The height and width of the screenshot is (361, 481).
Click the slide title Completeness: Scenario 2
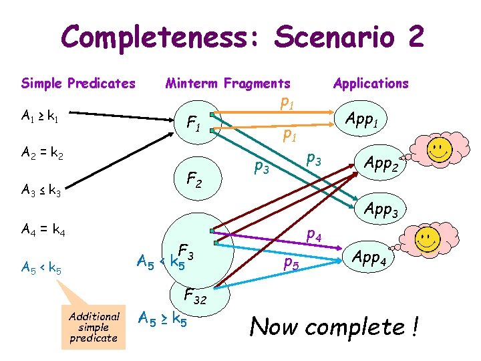243,37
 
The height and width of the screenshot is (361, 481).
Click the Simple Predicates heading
78,84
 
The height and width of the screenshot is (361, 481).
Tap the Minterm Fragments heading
228,84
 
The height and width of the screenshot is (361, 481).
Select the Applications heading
371,84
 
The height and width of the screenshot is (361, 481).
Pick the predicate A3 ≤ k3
41,193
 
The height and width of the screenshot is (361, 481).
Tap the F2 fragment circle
194,179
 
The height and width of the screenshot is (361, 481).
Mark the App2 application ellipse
380,162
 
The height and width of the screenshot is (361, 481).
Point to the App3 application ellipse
381,210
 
